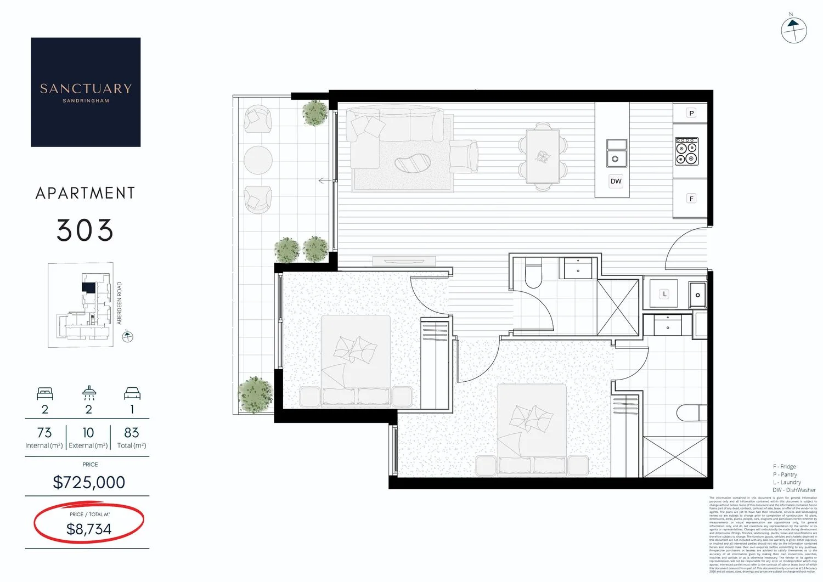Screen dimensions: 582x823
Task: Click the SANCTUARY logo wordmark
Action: click(86, 89)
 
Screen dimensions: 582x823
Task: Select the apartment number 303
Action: click(85, 230)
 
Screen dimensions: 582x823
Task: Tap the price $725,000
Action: click(89, 482)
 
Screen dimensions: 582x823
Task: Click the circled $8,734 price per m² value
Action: click(89, 529)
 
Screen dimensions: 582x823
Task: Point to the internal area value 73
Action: click(44, 433)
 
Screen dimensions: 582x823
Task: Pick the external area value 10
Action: click(88, 433)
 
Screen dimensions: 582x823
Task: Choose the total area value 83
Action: click(132, 433)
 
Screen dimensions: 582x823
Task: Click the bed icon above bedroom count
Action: click(45, 393)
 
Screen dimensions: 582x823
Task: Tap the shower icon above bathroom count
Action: click(89, 393)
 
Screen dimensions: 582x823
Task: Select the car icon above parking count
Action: click(132, 393)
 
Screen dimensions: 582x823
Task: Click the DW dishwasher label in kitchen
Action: click(616, 181)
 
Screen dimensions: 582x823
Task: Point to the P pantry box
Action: click(691, 113)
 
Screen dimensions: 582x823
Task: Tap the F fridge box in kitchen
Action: click(691, 199)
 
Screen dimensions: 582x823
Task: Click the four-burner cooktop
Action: click(686, 151)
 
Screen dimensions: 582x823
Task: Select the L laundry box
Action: click(664, 294)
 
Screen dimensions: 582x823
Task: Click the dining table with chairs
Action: click(543, 156)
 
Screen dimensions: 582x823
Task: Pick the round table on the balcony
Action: click(258, 160)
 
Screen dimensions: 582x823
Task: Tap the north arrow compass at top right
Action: click(793, 30)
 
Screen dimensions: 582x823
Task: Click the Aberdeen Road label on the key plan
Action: click(120, 303)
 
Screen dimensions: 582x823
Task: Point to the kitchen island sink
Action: click(616, 153)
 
